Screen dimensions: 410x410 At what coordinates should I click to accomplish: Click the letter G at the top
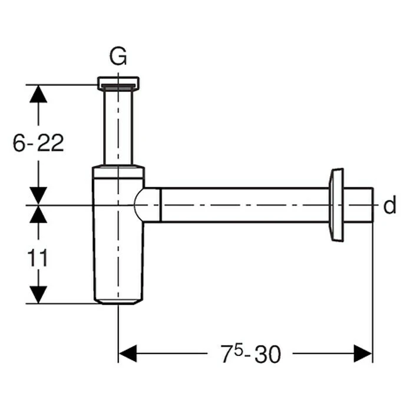(x=118, y=57)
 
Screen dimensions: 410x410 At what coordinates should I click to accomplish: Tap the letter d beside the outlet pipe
(x=389, y=204)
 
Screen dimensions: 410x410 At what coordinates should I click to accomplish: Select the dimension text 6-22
(x=38, y=143)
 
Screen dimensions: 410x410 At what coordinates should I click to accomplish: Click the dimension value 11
(x=38, y=258)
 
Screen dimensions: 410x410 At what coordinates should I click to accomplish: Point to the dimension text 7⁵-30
(x=251, y=353)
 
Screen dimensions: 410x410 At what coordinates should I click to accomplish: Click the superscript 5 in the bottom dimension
(x=239, y=351)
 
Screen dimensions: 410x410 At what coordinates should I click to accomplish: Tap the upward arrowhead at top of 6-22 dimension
(x=38, y=94)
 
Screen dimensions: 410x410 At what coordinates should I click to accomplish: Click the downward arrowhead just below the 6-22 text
(x=38, y=196)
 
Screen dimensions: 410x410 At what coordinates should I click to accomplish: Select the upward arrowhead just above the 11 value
(x=38, y=214)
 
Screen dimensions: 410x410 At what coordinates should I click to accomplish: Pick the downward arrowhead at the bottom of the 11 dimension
(x=38, y=295)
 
